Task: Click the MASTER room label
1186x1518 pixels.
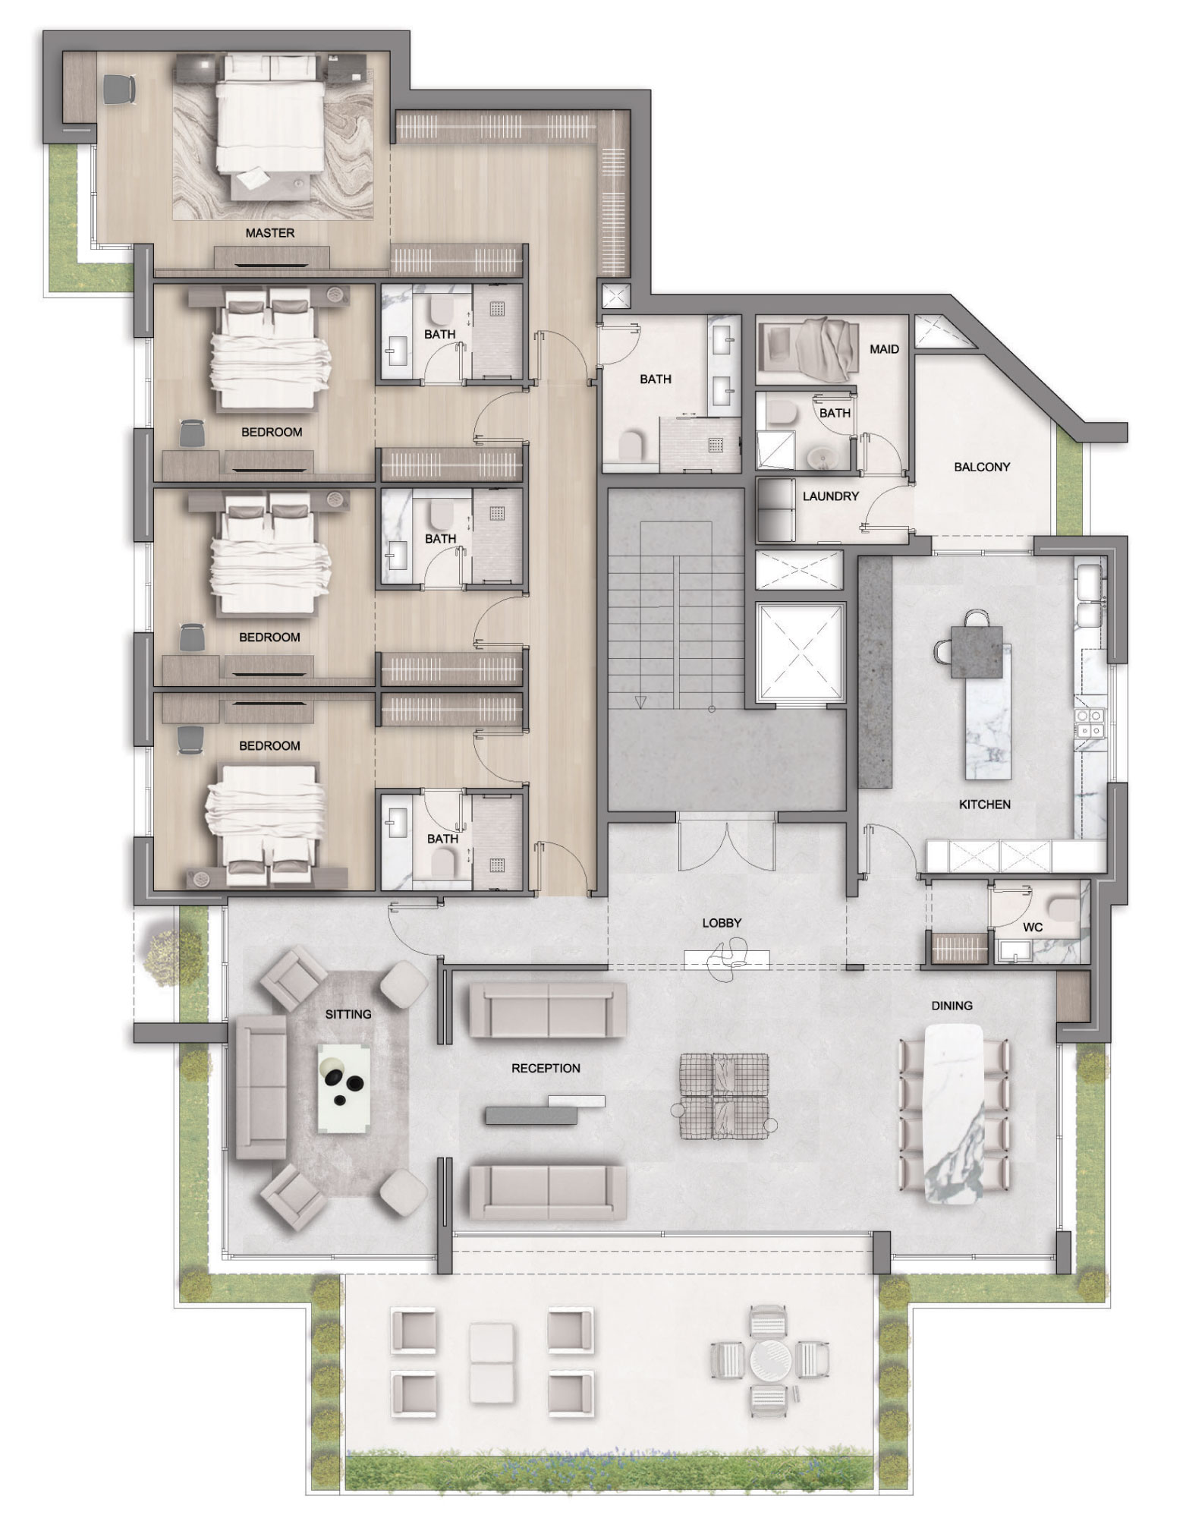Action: [269, 233]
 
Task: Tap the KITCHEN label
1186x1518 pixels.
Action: [984, 805]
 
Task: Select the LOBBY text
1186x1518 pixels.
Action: [722, 924]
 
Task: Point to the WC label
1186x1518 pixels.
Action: [1033, 927]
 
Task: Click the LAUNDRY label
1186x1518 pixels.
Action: [831, 496]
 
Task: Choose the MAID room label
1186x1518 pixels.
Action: [884, 349]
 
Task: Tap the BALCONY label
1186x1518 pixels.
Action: [982, 467]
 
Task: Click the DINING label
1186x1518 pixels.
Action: [952, 1006]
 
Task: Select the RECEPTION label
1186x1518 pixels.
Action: [546, 1068]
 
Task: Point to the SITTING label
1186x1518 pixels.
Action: [348, 1014]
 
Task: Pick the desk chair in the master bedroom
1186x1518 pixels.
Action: [120, 89]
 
